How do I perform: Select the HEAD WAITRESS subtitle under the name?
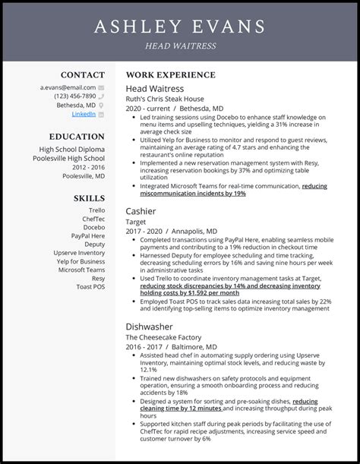[180, 46]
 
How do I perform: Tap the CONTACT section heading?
[83, 75]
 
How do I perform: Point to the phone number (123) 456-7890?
[75, 96]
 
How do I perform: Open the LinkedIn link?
[84, 114]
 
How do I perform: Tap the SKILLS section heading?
[89, 197]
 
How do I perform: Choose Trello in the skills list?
[96, 210]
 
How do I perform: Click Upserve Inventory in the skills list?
[79, 252]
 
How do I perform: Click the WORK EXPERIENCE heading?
[170, 75]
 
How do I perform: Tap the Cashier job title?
[141, 210]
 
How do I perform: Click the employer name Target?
[136, 222]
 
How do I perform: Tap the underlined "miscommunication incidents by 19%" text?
[193, 194]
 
